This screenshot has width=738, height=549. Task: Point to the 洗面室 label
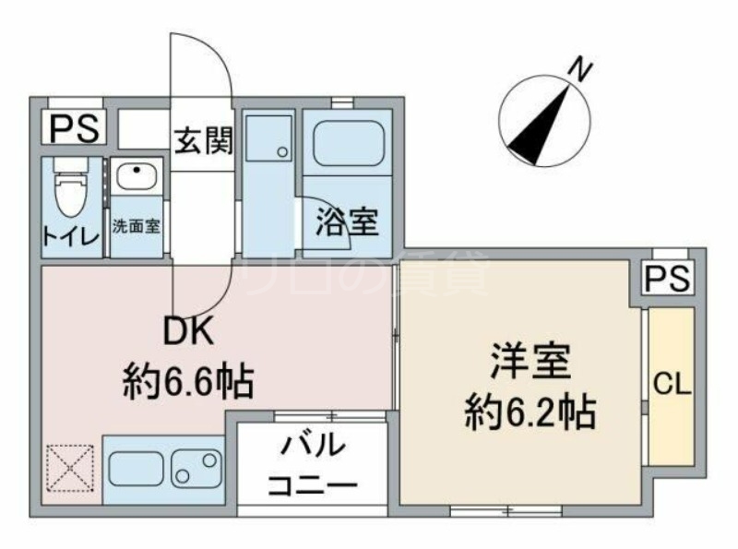tap(137, 226)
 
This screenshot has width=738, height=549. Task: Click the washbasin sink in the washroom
tap(137, 175)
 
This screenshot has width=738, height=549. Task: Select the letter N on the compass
tap(578, 67)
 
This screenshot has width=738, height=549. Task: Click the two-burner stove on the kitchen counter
tap(196, 468)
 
